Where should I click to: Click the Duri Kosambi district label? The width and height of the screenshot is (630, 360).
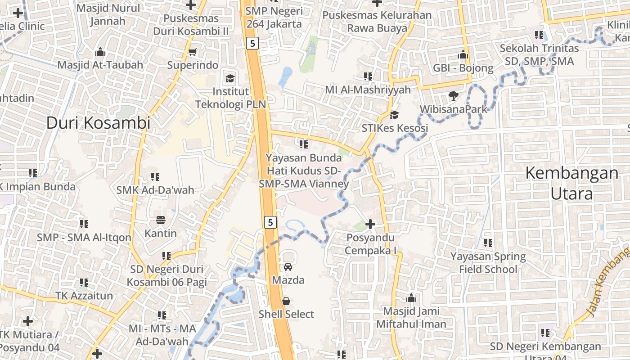click(x=98, y=123)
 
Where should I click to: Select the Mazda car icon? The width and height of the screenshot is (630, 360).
click(x=288, y=267)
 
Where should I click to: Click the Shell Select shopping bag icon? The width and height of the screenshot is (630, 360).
click(x=286, y=301)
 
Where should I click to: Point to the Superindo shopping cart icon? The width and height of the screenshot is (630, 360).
click(x=193, y=52)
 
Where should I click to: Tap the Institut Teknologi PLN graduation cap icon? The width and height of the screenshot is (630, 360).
click(x=230, y=79)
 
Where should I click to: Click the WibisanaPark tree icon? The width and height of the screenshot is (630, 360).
click(x=453, y=96)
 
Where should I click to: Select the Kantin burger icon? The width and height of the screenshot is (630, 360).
click(x=161, y=220)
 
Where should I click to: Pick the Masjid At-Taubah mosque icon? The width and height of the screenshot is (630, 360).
click(x=100, y=52)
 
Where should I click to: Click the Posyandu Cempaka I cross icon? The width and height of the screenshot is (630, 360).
click(x=370, y=224)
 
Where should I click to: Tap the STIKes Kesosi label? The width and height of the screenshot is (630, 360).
click(x=395, y=128)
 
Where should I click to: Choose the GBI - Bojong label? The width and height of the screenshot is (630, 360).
click(x=463, y=68)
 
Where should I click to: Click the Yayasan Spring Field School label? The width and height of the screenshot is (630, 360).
click(x=488, y=263)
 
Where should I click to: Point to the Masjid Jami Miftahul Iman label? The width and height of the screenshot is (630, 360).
click(x=411, y=317)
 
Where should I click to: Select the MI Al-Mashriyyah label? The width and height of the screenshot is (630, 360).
click(x=368, y=90)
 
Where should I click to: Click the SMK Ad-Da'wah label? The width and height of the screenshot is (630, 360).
click(x=155, y=190)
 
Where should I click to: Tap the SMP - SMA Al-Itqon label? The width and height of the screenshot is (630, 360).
click(x=84, y=238)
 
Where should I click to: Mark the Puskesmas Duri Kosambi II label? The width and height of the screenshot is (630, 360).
click(x=191, y=25)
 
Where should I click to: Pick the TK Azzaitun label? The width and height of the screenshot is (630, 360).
click(x=84, y=296)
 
